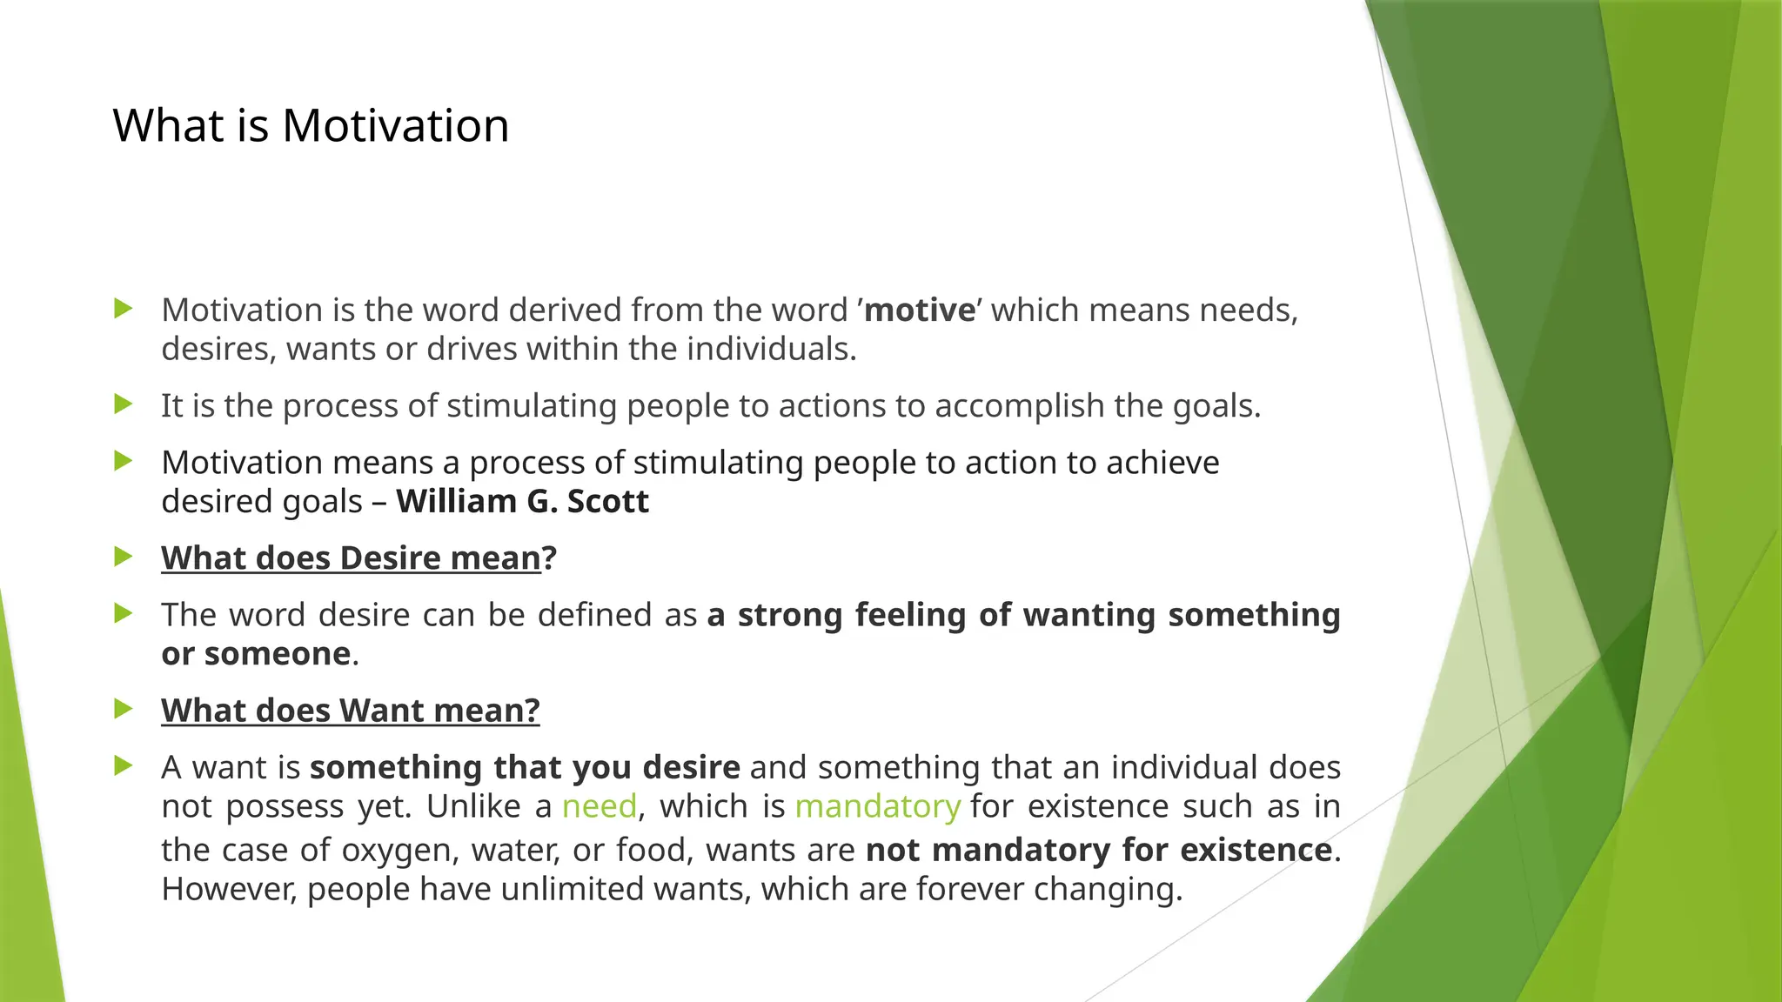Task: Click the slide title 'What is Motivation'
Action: (x=311, y=125)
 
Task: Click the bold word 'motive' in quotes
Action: (x=920, y=311)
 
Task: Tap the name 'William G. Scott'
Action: (x=522, y=502)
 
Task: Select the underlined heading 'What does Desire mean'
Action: (x=352, y=558)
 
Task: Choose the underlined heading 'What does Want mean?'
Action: (x=351, y=711)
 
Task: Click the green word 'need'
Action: (x=600, y=806)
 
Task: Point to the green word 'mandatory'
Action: (x=877, y=806)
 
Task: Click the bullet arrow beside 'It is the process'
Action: (x=124, y=404)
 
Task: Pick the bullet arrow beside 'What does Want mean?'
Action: (x=124, y=709)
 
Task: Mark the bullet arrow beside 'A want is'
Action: (x=124, y=765)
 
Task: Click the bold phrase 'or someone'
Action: (x=256, y=654)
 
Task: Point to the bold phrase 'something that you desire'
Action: (x=525, y=767)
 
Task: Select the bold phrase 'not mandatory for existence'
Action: (x=1099, y=850)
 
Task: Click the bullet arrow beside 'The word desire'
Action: (x=124, y=613)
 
